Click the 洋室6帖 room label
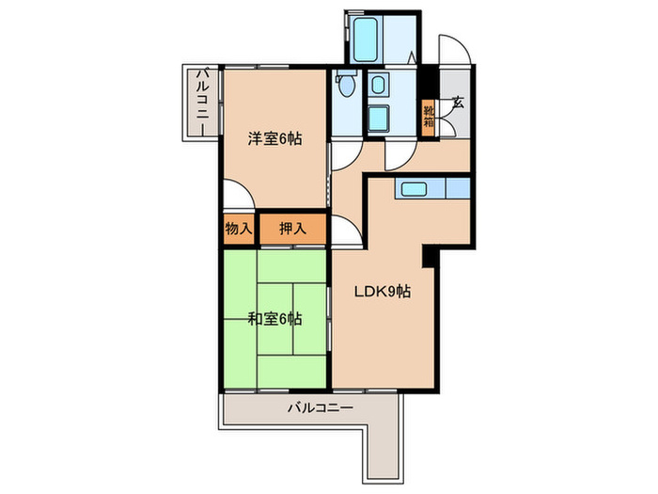pos(274,139)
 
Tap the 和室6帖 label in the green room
pos(274,318)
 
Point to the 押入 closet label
pos(290,227)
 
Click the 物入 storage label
pos(238,227)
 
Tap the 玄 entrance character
pos(458,104)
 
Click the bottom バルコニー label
pos(320,409)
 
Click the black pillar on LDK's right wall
pos(429,254)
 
